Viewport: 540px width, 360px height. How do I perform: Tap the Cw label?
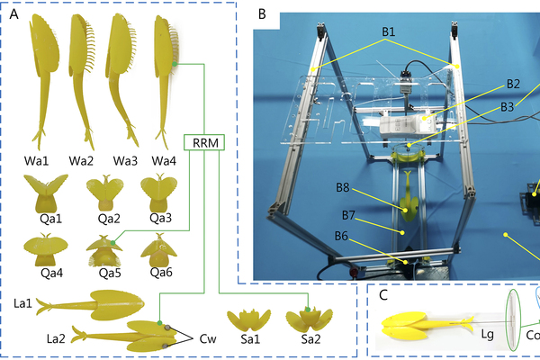click(x=208, y=339)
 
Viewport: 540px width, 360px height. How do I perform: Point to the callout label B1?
click(x=389, y=32)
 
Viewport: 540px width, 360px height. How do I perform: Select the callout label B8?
click(x=343, y=189)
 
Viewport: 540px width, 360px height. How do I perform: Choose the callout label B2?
click(x=514, y=84)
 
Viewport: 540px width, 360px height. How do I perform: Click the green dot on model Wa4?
click(x=174, y=65)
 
